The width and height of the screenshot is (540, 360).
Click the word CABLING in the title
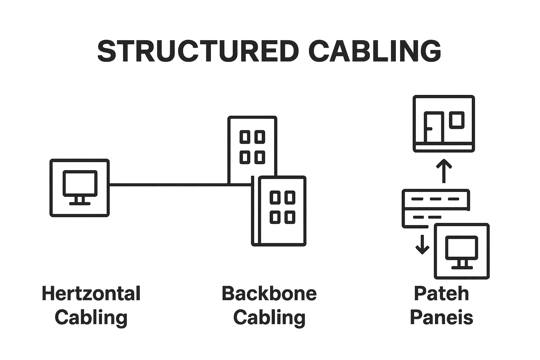tap(375, 51)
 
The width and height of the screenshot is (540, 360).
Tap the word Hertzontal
tap(91, 294)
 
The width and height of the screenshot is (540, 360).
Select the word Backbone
tap(269, 294)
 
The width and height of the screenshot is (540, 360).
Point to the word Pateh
tap(442, 294)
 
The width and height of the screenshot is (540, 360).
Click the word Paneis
tap(442, 317)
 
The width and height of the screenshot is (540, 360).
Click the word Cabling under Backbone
tap(269, 317)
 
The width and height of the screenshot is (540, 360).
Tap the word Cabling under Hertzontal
tap(91, 317)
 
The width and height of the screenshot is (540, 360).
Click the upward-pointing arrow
tap(444, 171)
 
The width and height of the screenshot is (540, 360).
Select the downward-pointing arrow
tap(422, 245)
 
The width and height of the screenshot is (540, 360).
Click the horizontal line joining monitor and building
tap(169, 184)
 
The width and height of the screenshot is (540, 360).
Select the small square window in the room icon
tap(457, 120)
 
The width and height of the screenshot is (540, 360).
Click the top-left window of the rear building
tap(245, 137)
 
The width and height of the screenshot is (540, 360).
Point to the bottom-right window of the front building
tap(290, 217)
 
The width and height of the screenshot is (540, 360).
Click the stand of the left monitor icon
tap(80, 200)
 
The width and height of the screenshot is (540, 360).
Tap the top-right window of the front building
tap(290, 198)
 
